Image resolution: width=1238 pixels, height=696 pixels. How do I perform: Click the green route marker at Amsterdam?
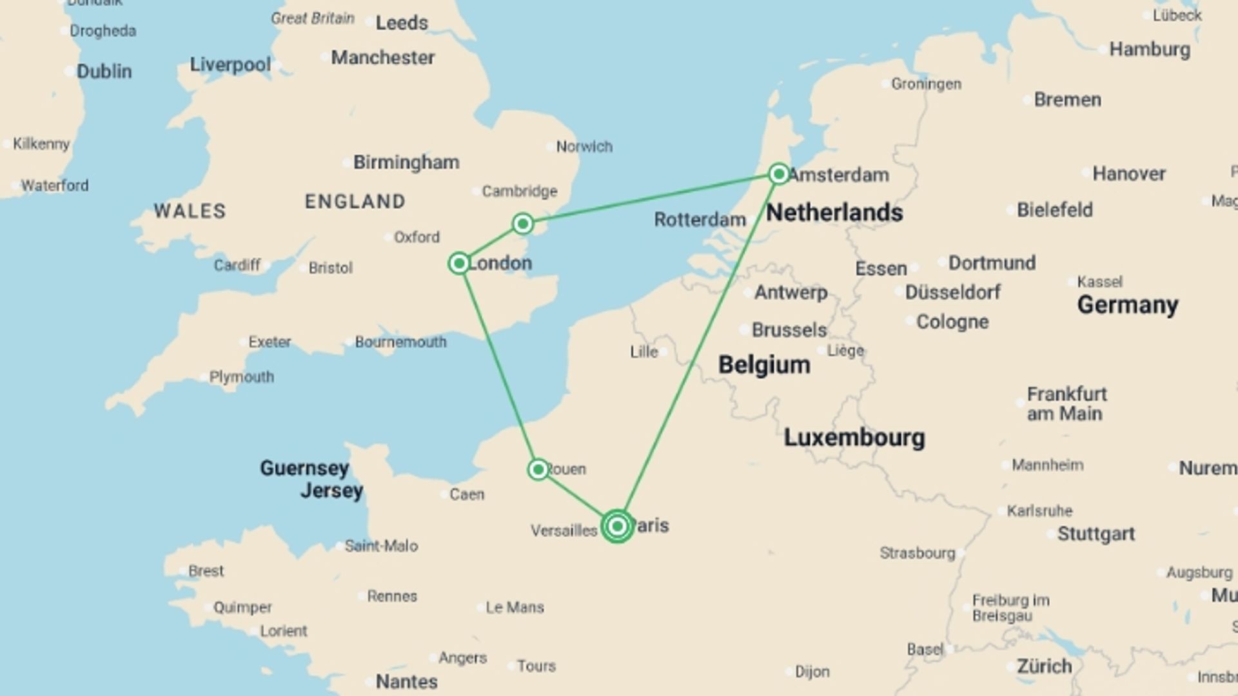(x=779, y=173)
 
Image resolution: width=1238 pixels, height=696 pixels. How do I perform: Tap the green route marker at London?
(x=459, y=263)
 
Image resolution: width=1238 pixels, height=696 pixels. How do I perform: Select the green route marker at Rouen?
(x=538, y=469)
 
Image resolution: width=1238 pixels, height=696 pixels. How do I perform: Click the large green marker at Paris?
(x=617, y=527)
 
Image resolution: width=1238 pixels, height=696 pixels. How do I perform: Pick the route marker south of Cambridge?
(x=523, y=224)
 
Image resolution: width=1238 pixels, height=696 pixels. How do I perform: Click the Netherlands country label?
(x=834, y=212)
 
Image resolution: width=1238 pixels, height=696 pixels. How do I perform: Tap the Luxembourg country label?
(x=854, y=438)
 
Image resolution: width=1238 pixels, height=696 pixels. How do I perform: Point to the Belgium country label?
(x=764, y=365)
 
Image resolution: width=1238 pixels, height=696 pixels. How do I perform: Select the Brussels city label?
(x=789, y=330)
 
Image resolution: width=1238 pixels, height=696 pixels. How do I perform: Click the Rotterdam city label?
(x=700, y=220)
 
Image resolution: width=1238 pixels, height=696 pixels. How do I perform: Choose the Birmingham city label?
(x=406, y=162)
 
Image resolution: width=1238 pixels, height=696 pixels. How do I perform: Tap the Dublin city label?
(x=104, y=71)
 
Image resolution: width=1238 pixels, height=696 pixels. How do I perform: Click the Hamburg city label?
(x=1149, y=50)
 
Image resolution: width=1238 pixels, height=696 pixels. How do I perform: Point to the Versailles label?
(x=564, y=531)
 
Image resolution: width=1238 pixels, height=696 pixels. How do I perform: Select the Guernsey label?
(x=304, y=468)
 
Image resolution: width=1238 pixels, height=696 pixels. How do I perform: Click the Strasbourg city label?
(x=917, y=553)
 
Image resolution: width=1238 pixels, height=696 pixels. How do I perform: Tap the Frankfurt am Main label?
(x=1066, y=403)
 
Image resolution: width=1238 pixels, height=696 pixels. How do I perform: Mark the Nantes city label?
(x=406, y=681)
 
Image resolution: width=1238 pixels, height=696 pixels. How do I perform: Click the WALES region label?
(x=190, y=211)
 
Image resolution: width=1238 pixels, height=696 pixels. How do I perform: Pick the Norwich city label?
(x=584, y=147)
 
